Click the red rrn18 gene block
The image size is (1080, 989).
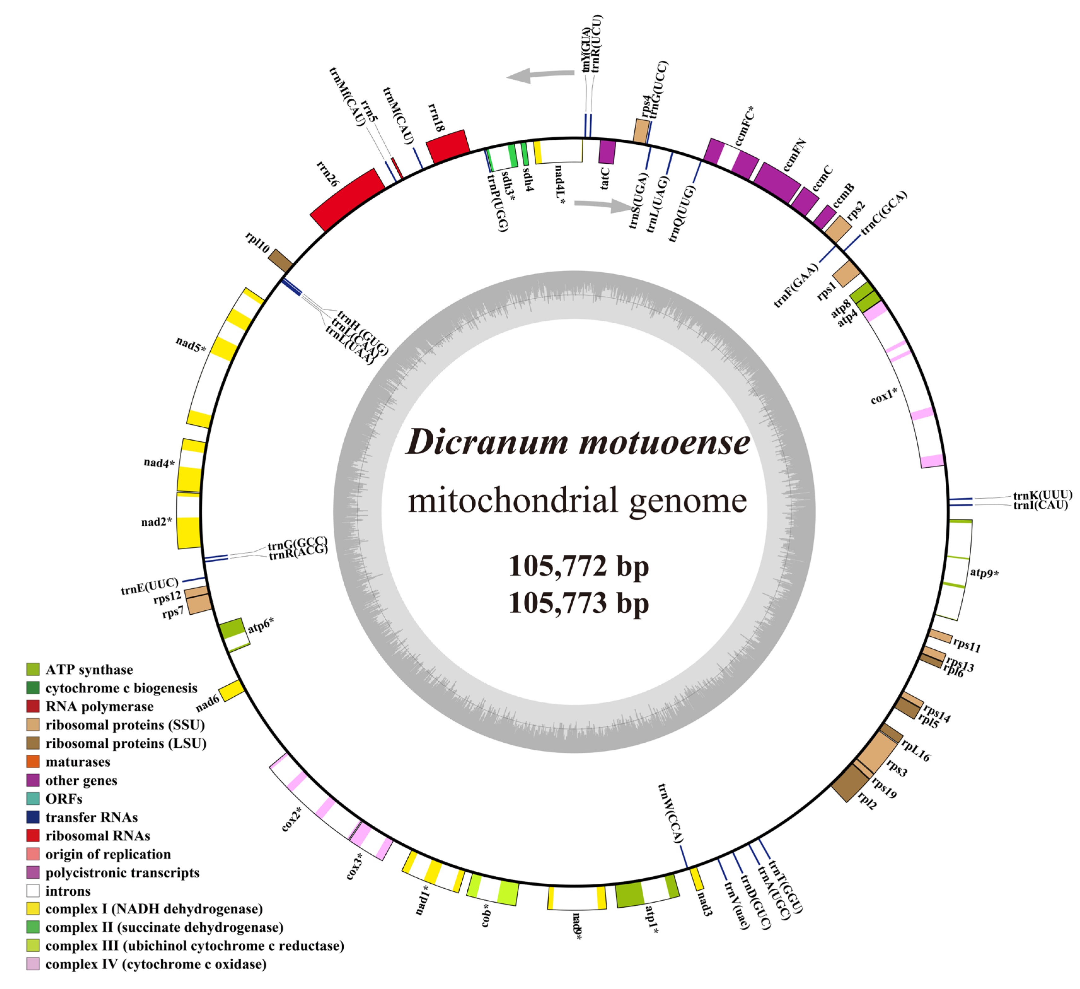click(x=448, y=146)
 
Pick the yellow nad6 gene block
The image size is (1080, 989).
click(x=232, y=691)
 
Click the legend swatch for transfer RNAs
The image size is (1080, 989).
click(x=33, y=817)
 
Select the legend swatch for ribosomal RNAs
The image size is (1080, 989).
click(x=33, y=835)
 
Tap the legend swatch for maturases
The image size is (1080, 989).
click(x=33, y=761)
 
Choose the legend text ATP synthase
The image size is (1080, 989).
click(x=89, y=670)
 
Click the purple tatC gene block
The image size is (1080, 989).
click(x=607, y=152)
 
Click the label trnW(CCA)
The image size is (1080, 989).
click(x=671, y=814)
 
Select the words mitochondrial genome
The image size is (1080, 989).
click(x=577, y=501)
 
